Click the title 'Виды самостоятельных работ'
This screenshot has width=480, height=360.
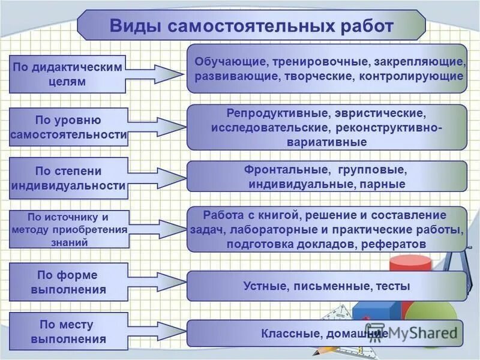tap(251, 26)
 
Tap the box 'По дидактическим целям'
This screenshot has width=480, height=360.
tap(67, 74)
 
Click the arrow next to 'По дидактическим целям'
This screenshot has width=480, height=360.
tap(155, 74)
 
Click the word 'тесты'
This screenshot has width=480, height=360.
tap(393, 286)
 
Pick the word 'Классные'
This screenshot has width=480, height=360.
tap(287, 333)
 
